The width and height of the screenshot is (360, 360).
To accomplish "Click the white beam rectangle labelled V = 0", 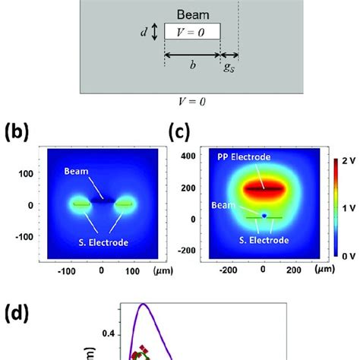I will (192, 32).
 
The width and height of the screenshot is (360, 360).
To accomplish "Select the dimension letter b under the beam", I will (192, 65).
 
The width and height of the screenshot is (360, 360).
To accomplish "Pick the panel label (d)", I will (17, 313).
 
